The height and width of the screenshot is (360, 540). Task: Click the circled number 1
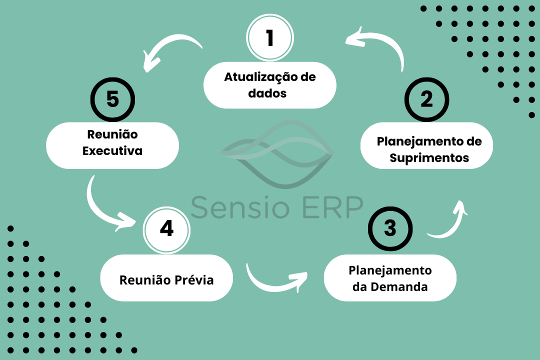tap(270, 37)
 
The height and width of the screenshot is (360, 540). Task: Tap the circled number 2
tap(426, 99)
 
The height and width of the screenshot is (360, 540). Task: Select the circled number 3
tap(390, 228)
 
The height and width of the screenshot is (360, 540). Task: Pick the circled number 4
tap(166, 230)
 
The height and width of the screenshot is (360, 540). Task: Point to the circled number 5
tap(112, 99)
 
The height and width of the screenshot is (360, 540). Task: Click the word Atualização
tap(261, 77)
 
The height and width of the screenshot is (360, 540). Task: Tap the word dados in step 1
tap(267, 93)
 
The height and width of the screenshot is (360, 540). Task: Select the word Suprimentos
tap(429, 158)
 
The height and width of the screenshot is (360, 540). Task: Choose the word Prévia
tap(194, 279)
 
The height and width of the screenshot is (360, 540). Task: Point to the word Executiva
tap(112, 151)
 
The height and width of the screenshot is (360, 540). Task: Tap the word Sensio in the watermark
tap(240, 207)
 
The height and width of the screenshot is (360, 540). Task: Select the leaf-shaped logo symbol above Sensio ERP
tap(277, 154)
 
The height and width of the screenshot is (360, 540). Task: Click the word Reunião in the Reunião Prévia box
tap(145, 279)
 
